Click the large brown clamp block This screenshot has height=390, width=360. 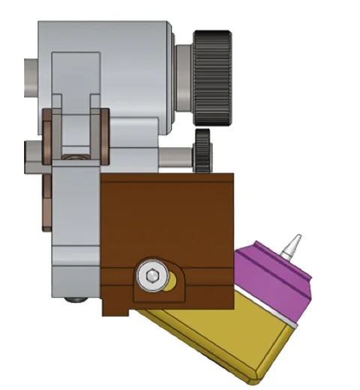169,217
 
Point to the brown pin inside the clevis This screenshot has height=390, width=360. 73,157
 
